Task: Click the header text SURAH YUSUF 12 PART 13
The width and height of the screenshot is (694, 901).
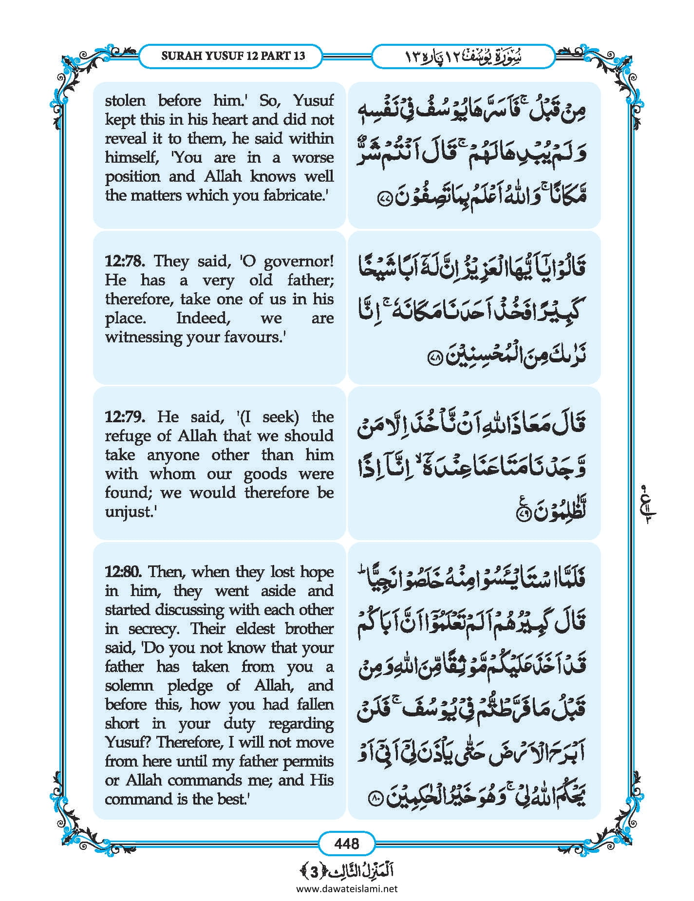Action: point(233,56)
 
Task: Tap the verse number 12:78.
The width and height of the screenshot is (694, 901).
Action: point(125,261)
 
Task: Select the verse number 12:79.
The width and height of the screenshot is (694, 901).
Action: point(125,417)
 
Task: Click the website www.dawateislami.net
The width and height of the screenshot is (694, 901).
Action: point(347,888)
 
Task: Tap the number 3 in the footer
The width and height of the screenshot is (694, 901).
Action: point(315,872)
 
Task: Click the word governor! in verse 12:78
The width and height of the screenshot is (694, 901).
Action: point(299,262)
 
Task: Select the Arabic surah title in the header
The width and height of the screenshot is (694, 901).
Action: point(463,56)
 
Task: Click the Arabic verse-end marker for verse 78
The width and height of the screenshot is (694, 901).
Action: point(434,358)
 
